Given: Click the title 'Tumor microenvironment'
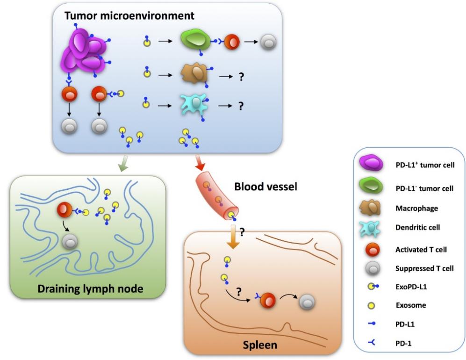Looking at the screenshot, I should click(x=129, y=15).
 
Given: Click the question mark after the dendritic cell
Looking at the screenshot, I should click(x=241, y=107).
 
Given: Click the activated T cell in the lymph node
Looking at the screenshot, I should click(x=65, y=211).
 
